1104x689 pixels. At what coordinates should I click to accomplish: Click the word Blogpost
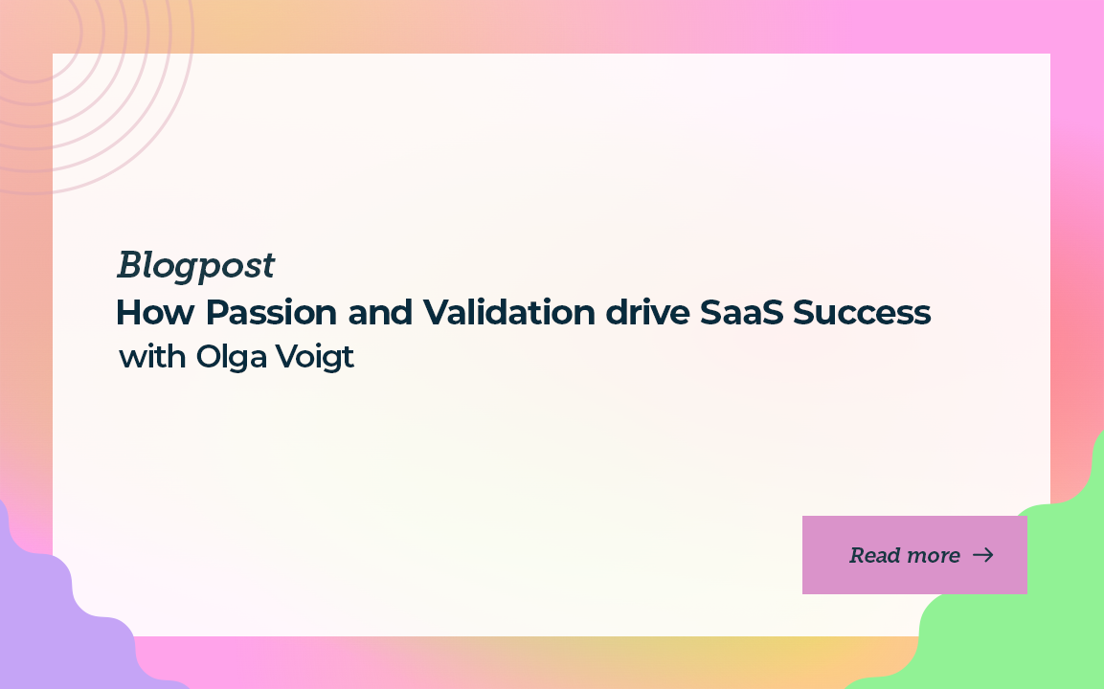pos(195,266)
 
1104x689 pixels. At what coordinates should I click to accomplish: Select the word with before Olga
pos(152,358)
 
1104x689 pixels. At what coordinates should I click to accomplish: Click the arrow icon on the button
pos(983,555)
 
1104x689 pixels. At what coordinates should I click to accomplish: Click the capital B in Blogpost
pos(129,266)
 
